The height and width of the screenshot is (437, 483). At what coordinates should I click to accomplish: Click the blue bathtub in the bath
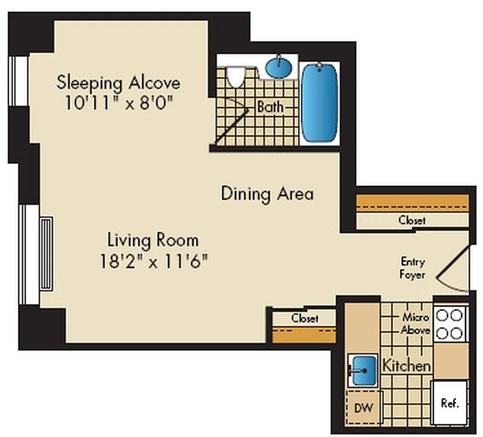point(319,103)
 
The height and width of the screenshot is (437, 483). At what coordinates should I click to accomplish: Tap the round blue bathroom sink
point(278,68)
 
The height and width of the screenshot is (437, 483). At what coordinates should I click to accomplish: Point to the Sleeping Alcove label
point(118,84)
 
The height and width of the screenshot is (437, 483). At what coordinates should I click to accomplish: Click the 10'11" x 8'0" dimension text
point(118,103)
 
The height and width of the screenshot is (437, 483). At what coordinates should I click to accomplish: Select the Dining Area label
point(267,194)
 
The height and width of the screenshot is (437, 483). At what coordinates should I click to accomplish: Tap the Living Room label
point(153,240)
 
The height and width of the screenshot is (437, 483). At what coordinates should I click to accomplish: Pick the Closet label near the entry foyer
point(412,221)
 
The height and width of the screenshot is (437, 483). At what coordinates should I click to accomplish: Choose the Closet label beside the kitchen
point(305,318)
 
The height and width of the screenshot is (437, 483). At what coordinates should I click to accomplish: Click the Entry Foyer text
point(413,268)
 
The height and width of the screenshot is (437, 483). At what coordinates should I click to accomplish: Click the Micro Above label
point(415,323)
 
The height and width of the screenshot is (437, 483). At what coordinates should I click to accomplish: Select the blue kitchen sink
point(362,370)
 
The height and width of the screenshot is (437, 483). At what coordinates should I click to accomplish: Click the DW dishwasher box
point(363,407)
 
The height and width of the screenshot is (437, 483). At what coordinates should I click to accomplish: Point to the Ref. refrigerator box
point(449,403)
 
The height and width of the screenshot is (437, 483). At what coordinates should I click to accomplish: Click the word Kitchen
point(406,365)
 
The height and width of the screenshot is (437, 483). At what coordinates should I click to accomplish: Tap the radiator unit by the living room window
point(46,254)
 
